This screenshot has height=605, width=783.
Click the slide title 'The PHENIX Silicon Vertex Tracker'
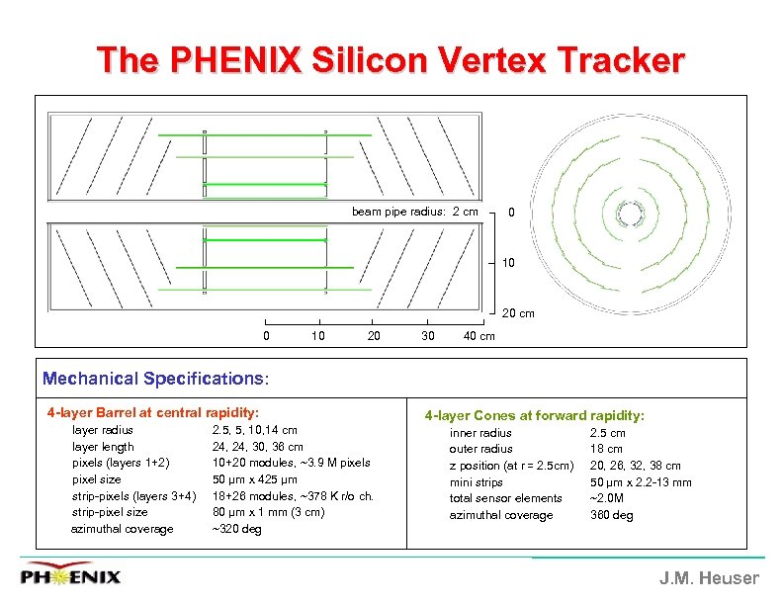[391, 61]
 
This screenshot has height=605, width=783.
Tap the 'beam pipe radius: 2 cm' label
[414, 212]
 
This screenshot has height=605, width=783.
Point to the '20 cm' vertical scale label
[518, 314]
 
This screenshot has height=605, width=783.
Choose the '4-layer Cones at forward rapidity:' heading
[534, 416]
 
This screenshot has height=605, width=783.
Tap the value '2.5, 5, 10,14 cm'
[254, 430]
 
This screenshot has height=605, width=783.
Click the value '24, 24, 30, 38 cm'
[257, 447]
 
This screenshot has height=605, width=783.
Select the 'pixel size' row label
[97, 479]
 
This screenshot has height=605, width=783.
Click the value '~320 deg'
[237, 529]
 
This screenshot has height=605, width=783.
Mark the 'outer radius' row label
[480, 449]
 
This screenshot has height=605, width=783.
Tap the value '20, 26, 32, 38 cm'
[635, 466]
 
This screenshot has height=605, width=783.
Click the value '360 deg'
[611, 515]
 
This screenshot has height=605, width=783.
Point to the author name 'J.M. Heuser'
[709, 578]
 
